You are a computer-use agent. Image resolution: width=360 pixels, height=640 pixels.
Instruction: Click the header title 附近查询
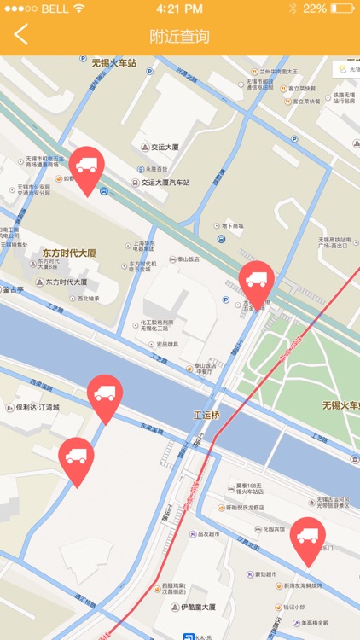179,36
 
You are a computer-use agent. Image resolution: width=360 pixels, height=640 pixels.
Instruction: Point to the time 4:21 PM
179,9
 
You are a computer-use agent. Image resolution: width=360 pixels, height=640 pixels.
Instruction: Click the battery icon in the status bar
343,9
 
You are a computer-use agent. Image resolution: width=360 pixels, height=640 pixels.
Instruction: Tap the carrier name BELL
55,9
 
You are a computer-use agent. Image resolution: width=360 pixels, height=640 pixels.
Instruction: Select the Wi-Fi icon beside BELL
79,9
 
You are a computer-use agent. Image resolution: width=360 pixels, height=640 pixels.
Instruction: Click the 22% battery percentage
314,9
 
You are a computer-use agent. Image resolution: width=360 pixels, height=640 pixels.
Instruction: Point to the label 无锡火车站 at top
114,62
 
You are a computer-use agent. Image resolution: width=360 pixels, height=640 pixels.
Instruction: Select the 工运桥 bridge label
206,415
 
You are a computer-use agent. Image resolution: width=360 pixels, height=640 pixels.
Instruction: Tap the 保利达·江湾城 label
38,408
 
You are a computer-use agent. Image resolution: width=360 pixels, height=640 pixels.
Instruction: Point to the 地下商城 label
233,226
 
